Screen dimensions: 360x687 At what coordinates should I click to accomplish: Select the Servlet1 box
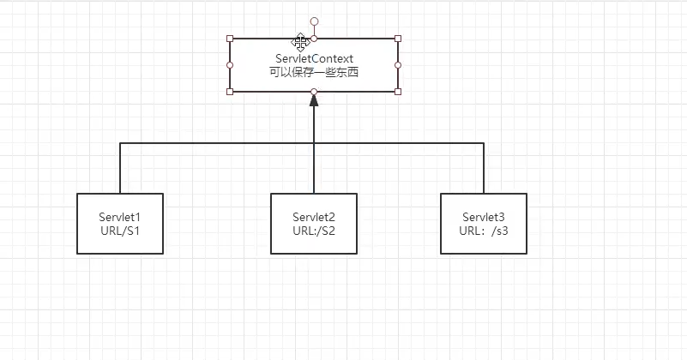click(120, 223)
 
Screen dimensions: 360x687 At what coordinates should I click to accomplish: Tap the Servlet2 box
click(314, 223)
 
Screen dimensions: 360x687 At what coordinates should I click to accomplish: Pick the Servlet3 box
click(484, 223)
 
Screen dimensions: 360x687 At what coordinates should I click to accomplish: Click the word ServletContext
click(314, 58)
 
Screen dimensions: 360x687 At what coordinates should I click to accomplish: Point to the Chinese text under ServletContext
click(314, 73)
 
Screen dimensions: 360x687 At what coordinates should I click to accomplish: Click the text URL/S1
click(120, 231)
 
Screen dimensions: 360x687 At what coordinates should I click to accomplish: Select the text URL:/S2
click(314, 231)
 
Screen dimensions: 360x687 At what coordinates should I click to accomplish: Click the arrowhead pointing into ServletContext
click(314, 100)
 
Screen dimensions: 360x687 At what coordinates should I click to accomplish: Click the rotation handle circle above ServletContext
click(314, 21)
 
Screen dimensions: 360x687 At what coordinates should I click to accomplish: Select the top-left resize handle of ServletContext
click(230, 39)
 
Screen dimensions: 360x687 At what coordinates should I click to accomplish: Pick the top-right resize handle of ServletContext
click(398, 39)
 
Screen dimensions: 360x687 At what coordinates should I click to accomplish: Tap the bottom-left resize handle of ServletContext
click(230, 91)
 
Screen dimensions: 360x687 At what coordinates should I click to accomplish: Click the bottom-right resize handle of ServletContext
click(398, 91)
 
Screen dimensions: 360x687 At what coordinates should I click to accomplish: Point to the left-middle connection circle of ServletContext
click(230, 64)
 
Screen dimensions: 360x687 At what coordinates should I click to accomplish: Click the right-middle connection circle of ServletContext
click(398, 64)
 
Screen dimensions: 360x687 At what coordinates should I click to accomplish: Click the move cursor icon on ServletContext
click(301, 41)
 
